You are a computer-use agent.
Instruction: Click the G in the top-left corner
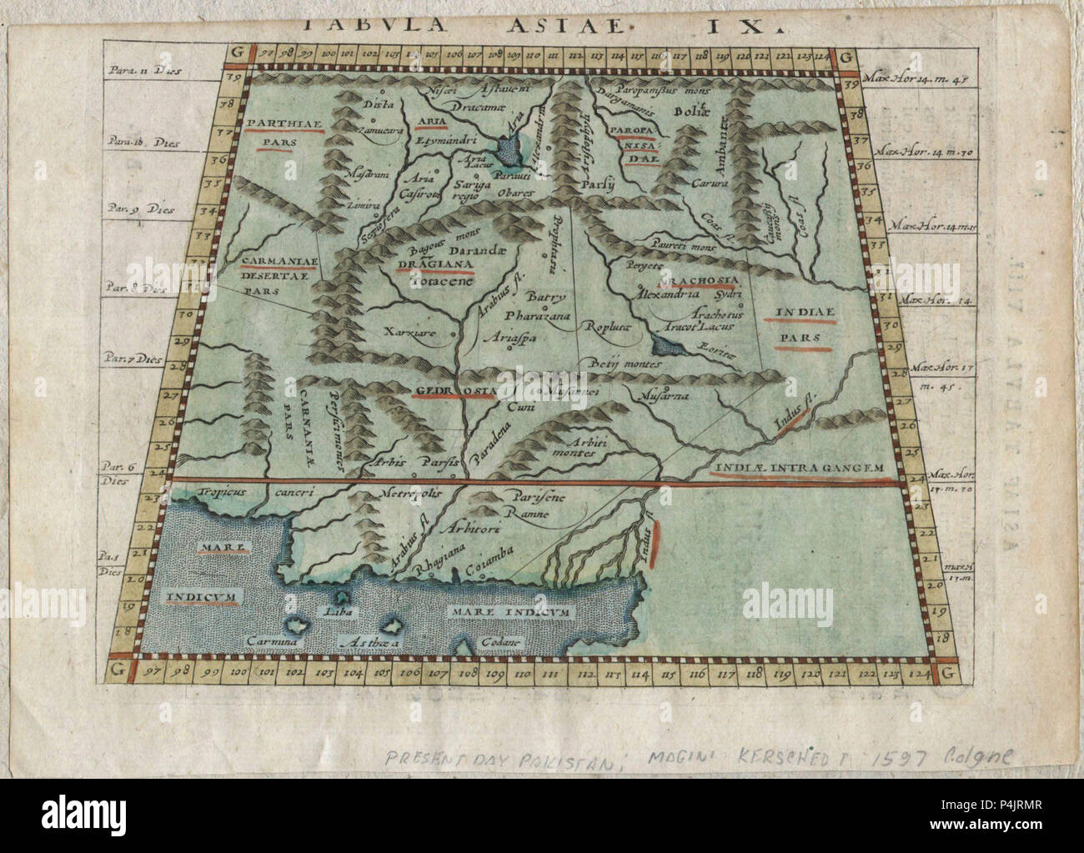point(238,56)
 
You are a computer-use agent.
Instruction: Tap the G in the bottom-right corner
point(945,672)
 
